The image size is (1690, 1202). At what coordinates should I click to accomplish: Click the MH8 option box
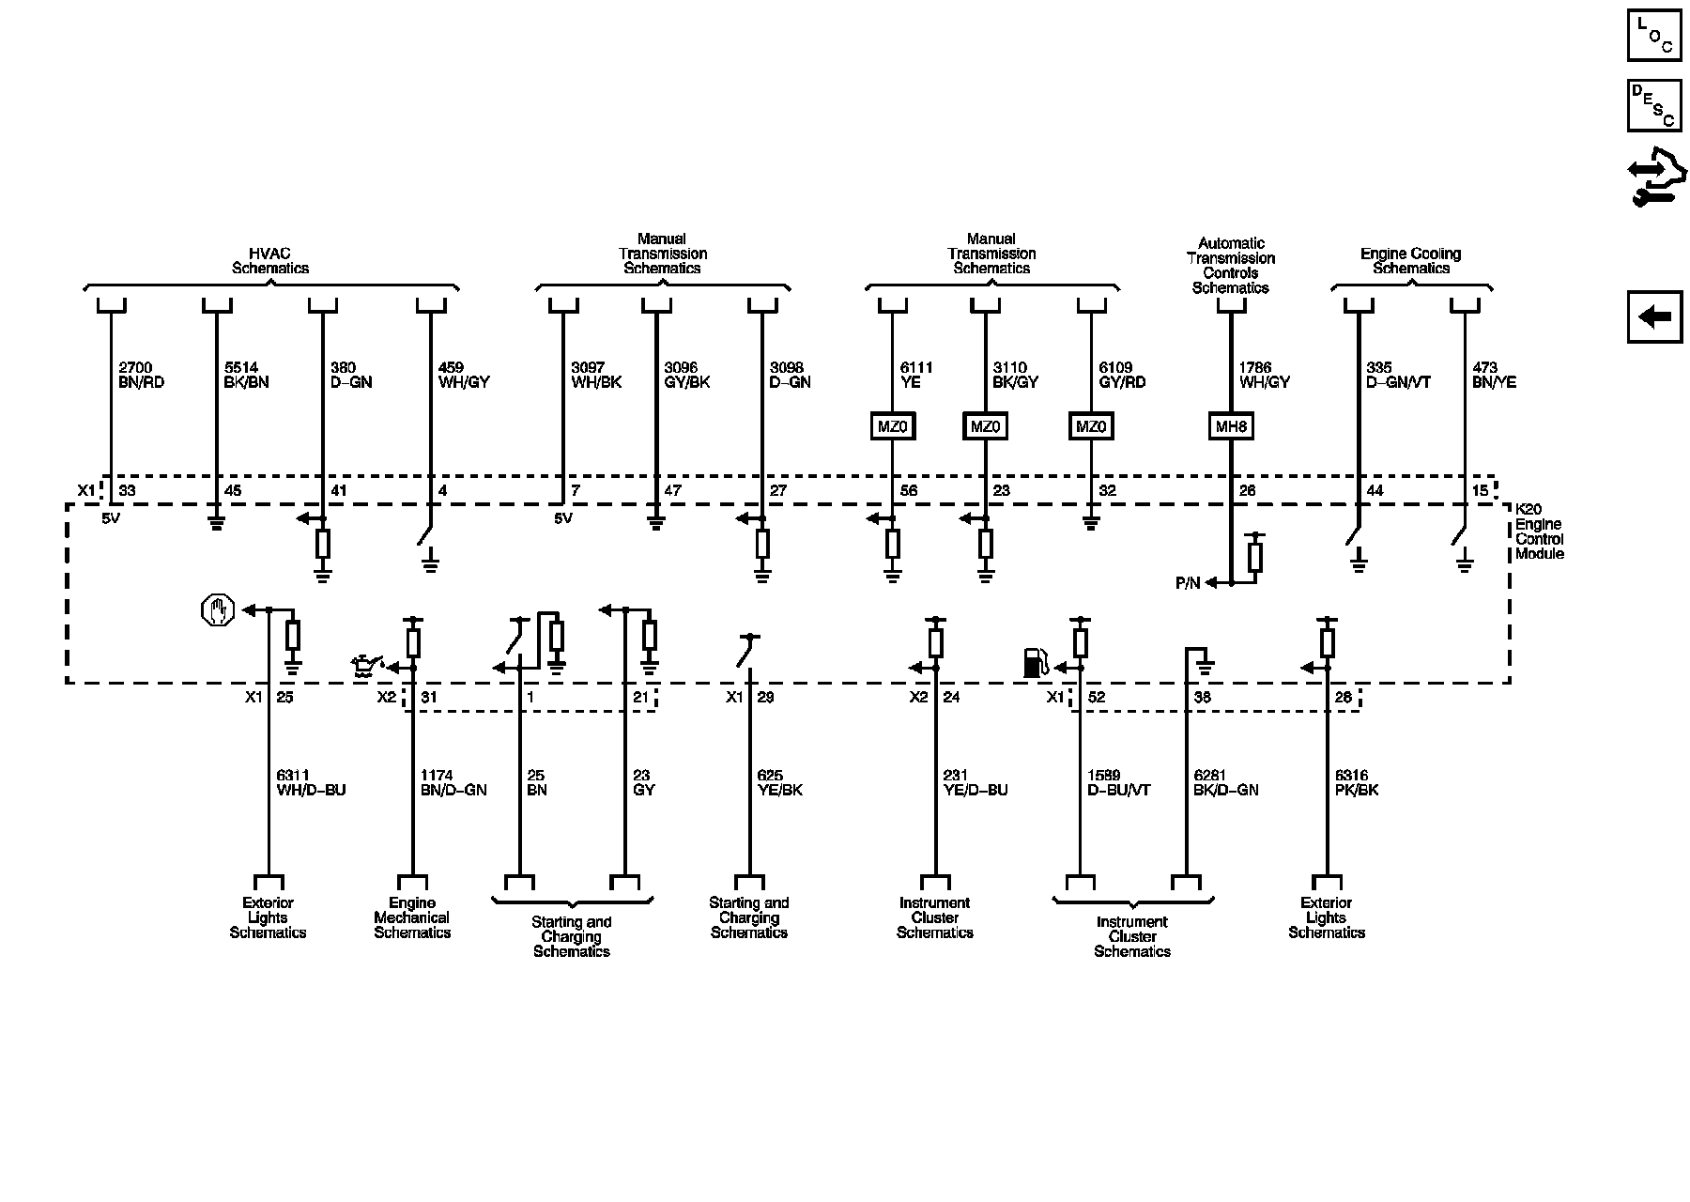pyautogui.click(x=1230, y=427)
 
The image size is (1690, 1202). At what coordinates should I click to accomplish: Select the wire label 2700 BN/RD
pyautogui.click(x=141, y=376)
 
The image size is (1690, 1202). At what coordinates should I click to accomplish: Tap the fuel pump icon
pyautogui.click(x=1035, y=662)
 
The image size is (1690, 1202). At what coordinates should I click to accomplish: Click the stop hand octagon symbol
pyautogui.click(x=216, y=610)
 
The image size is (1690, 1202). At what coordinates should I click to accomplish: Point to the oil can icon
pyautogui.click(x=364, y=667)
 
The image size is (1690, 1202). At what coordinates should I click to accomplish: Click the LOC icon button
pyautogui.click(x=1654, y=36)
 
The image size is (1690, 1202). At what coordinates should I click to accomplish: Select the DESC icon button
pyautogui.click(x=1654, y=105)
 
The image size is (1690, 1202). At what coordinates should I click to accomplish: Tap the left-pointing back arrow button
pyautogui.click(x=1654, y=317)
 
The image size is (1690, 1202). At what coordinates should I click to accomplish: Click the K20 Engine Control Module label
pyautogui.click(x=1539, y=532)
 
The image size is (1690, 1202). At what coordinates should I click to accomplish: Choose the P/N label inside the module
pyautogui.click(x=1188, y=583)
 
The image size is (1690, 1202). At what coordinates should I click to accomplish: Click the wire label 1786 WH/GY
pyautogui.click(x=1264, y=376)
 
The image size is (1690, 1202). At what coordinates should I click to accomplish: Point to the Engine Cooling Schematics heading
pyautogui.click(x=1410, y=261)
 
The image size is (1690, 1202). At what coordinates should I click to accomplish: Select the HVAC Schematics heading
pyautogui.click(x=270, y=261)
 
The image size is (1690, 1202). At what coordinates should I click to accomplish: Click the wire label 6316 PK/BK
pyautogui.click(x=1356, y=783)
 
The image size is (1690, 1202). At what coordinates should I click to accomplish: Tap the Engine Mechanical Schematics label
pyautogui.click(x=412, y=917)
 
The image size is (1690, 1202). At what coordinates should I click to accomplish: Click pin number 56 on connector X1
pyautogui.click(x=908, y=491)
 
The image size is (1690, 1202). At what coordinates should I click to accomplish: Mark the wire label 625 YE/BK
pyautogui.click(x=779, y=783)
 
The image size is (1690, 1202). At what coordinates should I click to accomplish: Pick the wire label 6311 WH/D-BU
pyautogui.click(x=311, y=783)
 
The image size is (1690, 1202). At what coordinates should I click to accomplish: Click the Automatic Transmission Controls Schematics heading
pyautogui.click(x=1230, y=266)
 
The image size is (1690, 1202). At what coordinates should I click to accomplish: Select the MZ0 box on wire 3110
pyautogui.click(x=985, y=427)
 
